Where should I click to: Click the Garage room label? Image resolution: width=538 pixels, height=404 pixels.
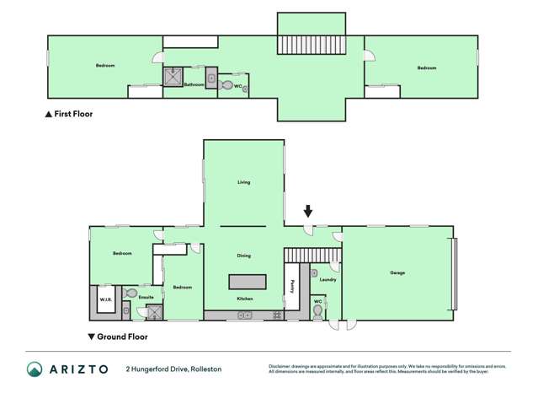pos(397,272)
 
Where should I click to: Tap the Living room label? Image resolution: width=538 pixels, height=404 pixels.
pos(243,182)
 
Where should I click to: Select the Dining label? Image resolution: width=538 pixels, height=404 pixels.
pos(243,256)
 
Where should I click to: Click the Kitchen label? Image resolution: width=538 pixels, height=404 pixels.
pos(244,299)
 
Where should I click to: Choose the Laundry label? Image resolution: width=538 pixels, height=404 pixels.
pos(328,279)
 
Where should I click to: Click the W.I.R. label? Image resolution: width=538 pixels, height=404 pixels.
pos(106,299)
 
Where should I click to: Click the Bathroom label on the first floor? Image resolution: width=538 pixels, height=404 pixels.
pos(194,84)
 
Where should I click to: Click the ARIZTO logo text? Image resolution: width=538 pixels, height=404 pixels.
pos(80,369)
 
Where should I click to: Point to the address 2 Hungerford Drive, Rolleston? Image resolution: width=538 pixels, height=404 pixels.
pos(173,369)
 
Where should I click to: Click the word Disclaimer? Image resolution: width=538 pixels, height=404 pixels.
pos(280,366)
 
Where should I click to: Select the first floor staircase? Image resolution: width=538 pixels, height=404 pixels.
pos(312,45)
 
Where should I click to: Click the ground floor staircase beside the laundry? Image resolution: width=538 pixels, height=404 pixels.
pos(312,254)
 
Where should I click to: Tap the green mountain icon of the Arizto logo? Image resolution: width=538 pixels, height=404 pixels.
pos(35,369)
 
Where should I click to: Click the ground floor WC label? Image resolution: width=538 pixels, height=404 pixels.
pos(317,301)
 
